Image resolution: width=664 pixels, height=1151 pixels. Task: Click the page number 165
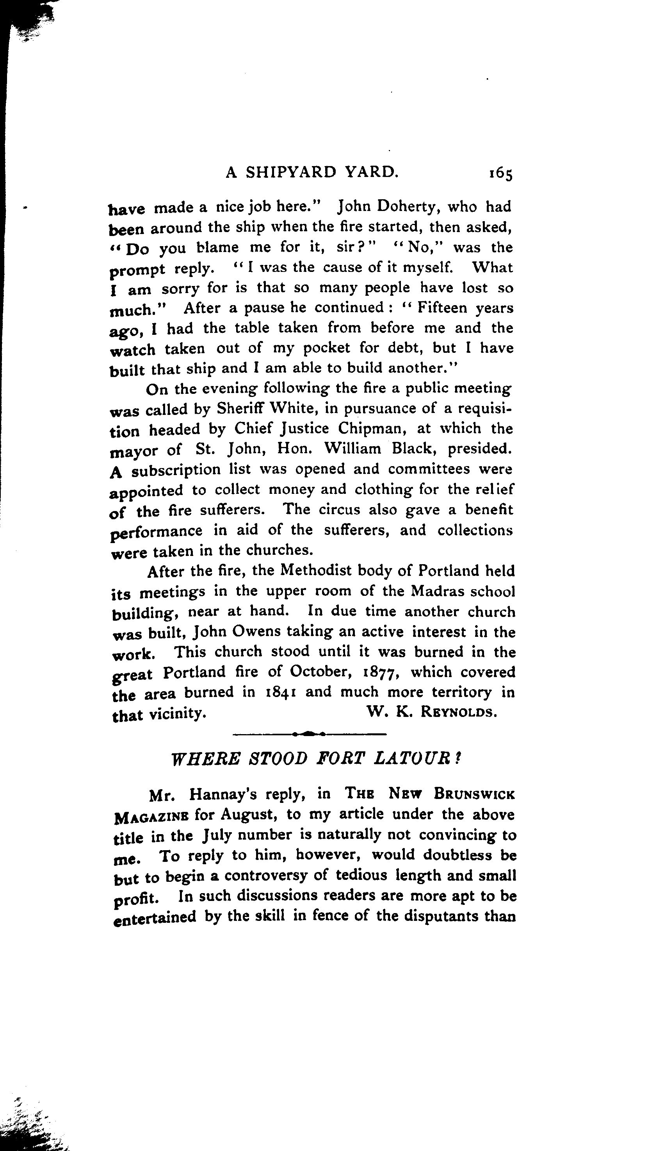501,174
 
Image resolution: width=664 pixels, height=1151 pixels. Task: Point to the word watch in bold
133,350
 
